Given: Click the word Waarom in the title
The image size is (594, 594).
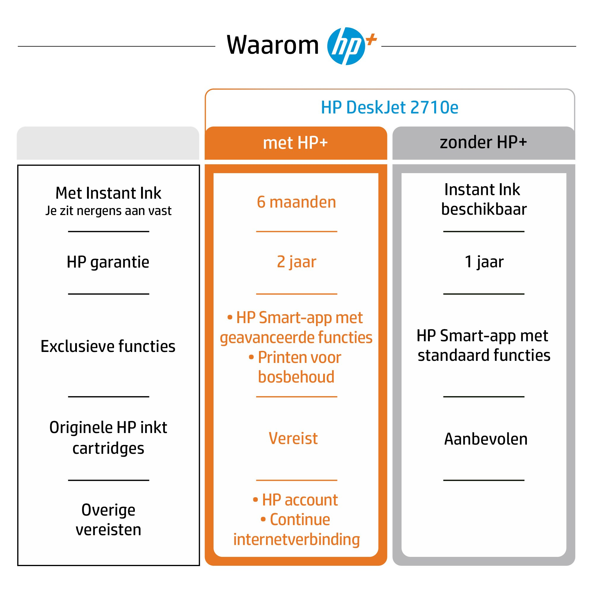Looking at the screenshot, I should [x=272, y=45].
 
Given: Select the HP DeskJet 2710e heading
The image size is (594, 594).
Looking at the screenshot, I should [x=390, y=108].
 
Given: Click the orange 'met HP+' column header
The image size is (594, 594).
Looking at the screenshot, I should [x=296, y=143].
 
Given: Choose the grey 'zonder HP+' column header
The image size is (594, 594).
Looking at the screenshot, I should [x=483, y=142].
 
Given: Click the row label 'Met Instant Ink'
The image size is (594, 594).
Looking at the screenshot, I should [x=108, y=193].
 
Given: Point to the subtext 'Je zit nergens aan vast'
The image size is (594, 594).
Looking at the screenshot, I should [x=108, y=211].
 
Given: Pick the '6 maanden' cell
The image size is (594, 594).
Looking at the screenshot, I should [x=296, y=202].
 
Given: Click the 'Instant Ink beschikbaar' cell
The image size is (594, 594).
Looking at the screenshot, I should [x=483, y=199].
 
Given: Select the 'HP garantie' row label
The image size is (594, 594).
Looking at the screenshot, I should [x=108, y=262].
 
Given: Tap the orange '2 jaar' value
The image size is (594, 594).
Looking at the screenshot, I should [x=296, y=262].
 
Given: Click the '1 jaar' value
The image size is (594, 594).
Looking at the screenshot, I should [x=484, y=262].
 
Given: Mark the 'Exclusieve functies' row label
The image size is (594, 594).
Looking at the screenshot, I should [x=108, y=346].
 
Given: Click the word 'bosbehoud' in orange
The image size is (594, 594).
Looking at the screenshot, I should [x=296, y=377].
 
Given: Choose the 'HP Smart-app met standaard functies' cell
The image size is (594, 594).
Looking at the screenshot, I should [x=483, y=345].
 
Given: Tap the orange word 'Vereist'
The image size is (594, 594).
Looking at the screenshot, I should [x=293, y=438].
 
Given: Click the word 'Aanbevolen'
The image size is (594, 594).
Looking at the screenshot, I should [x=486, y=439].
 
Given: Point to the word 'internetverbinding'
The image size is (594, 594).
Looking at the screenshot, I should [x=296, y=540].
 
